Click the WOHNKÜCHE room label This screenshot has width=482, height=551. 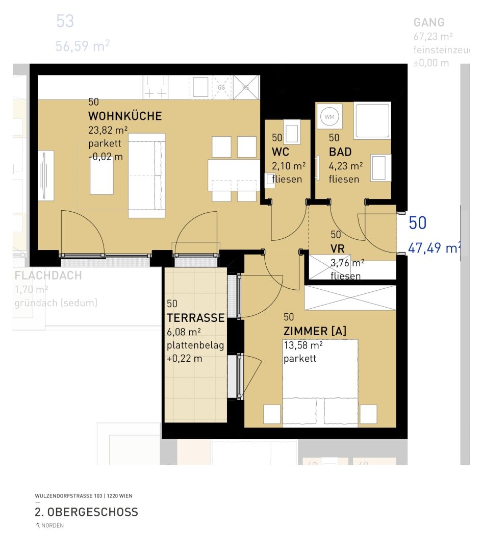tap(124, 116)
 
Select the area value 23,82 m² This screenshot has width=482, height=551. tap(108, 130)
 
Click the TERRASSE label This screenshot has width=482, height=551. tap(195, 318)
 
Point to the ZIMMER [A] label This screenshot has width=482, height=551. tap(315, 331)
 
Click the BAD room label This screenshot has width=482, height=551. tap(340, 152)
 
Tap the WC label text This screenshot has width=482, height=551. tap(281, 152)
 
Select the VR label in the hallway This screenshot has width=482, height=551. tap(338, 249)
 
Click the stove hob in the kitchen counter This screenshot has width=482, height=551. tap(155, 87)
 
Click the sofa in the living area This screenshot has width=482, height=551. tap(146, 176)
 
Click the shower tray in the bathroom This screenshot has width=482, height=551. tap(372, 120)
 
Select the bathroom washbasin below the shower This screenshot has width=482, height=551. tap(380, 168)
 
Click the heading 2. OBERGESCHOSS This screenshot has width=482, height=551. tap(86, 512)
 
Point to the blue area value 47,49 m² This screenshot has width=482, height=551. tap(434, 248)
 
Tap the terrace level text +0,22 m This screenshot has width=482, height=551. tap(184, 359)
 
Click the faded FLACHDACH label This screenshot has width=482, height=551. tap(48, 276)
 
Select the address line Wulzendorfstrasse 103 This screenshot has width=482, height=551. tap(84, 495)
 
